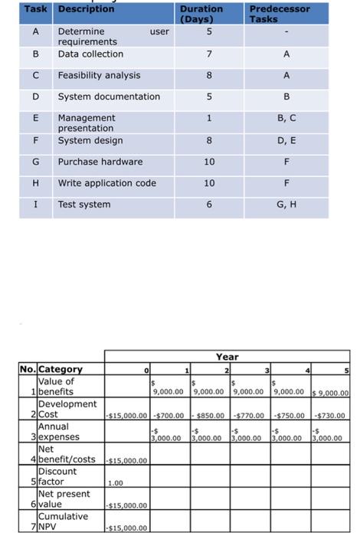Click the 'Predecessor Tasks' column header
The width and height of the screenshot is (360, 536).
(280, 14)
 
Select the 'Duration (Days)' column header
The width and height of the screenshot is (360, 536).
(201, 14)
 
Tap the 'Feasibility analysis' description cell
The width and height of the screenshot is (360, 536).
(99, 76)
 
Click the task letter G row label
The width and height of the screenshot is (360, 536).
(36, 162)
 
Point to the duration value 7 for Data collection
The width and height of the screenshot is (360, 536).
(209, 54)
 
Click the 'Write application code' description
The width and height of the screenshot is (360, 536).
(106, 183)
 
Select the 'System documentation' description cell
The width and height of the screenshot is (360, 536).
(109, 96)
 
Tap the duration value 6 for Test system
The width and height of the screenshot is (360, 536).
(209, 204)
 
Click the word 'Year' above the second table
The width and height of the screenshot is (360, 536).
(227, 357)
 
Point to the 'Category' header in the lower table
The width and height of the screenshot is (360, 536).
(61, 369)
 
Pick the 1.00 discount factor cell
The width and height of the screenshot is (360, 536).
(116, 483)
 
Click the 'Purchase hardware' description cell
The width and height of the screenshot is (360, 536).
(100, 162)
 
